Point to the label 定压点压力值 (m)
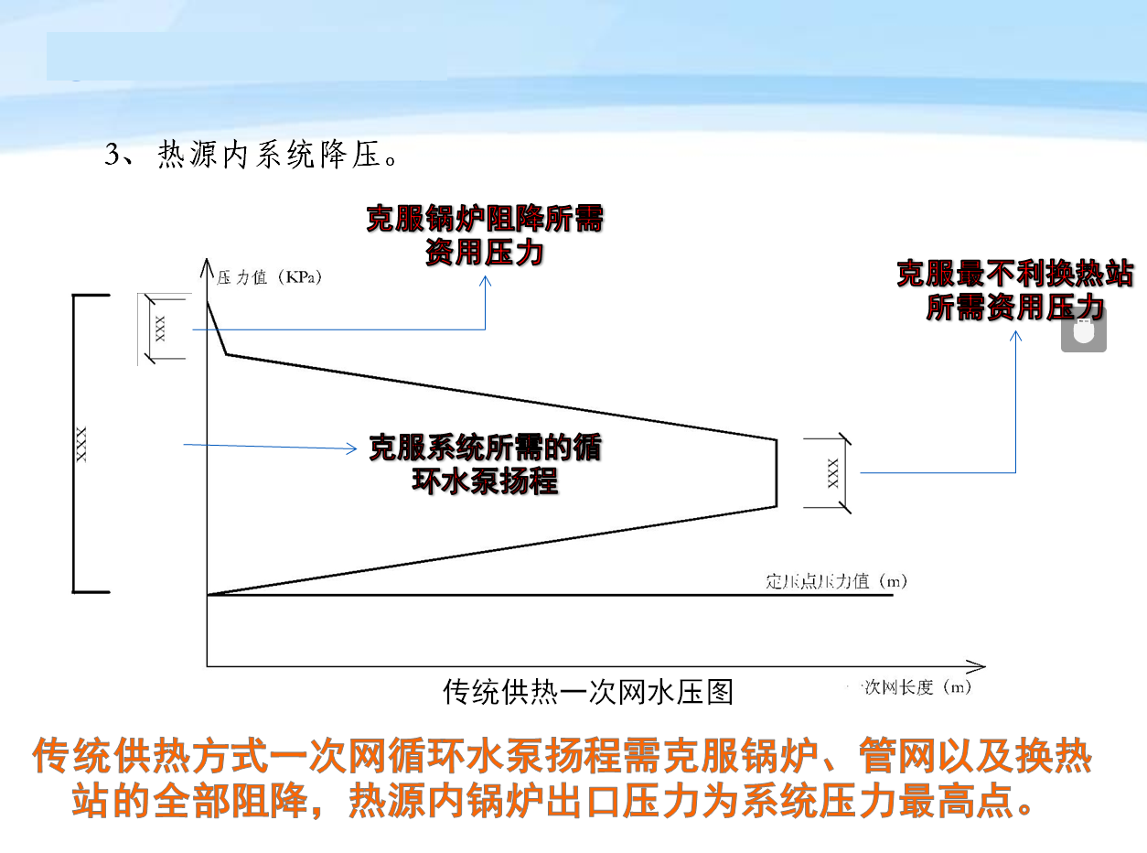(x=835, y=581)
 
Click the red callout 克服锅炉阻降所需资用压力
(x=485, y=235)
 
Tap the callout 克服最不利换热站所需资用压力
(x=1014, y=290)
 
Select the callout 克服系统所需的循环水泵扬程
(x=485, y=463)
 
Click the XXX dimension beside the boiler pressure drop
(x=161, y=328)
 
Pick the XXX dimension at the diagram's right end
(x=832, y=472)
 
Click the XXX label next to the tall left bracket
(x=81, y=444)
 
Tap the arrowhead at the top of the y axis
(x=208, y=267)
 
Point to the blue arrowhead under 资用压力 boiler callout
(x=485, y=282)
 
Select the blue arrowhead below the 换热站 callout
(x=1015, y=337)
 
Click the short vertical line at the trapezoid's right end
(x=777, y=472)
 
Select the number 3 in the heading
(x=112, y=155)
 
